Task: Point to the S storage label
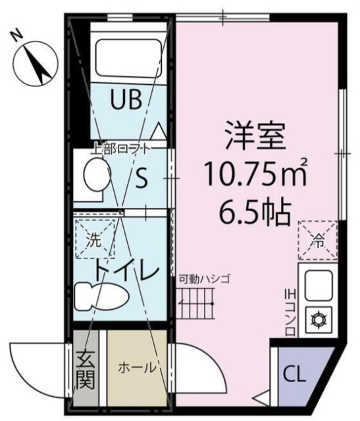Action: [141, 179]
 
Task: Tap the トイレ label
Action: [124, 270]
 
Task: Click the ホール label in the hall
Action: [136, 366]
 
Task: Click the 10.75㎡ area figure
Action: [256, 174]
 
